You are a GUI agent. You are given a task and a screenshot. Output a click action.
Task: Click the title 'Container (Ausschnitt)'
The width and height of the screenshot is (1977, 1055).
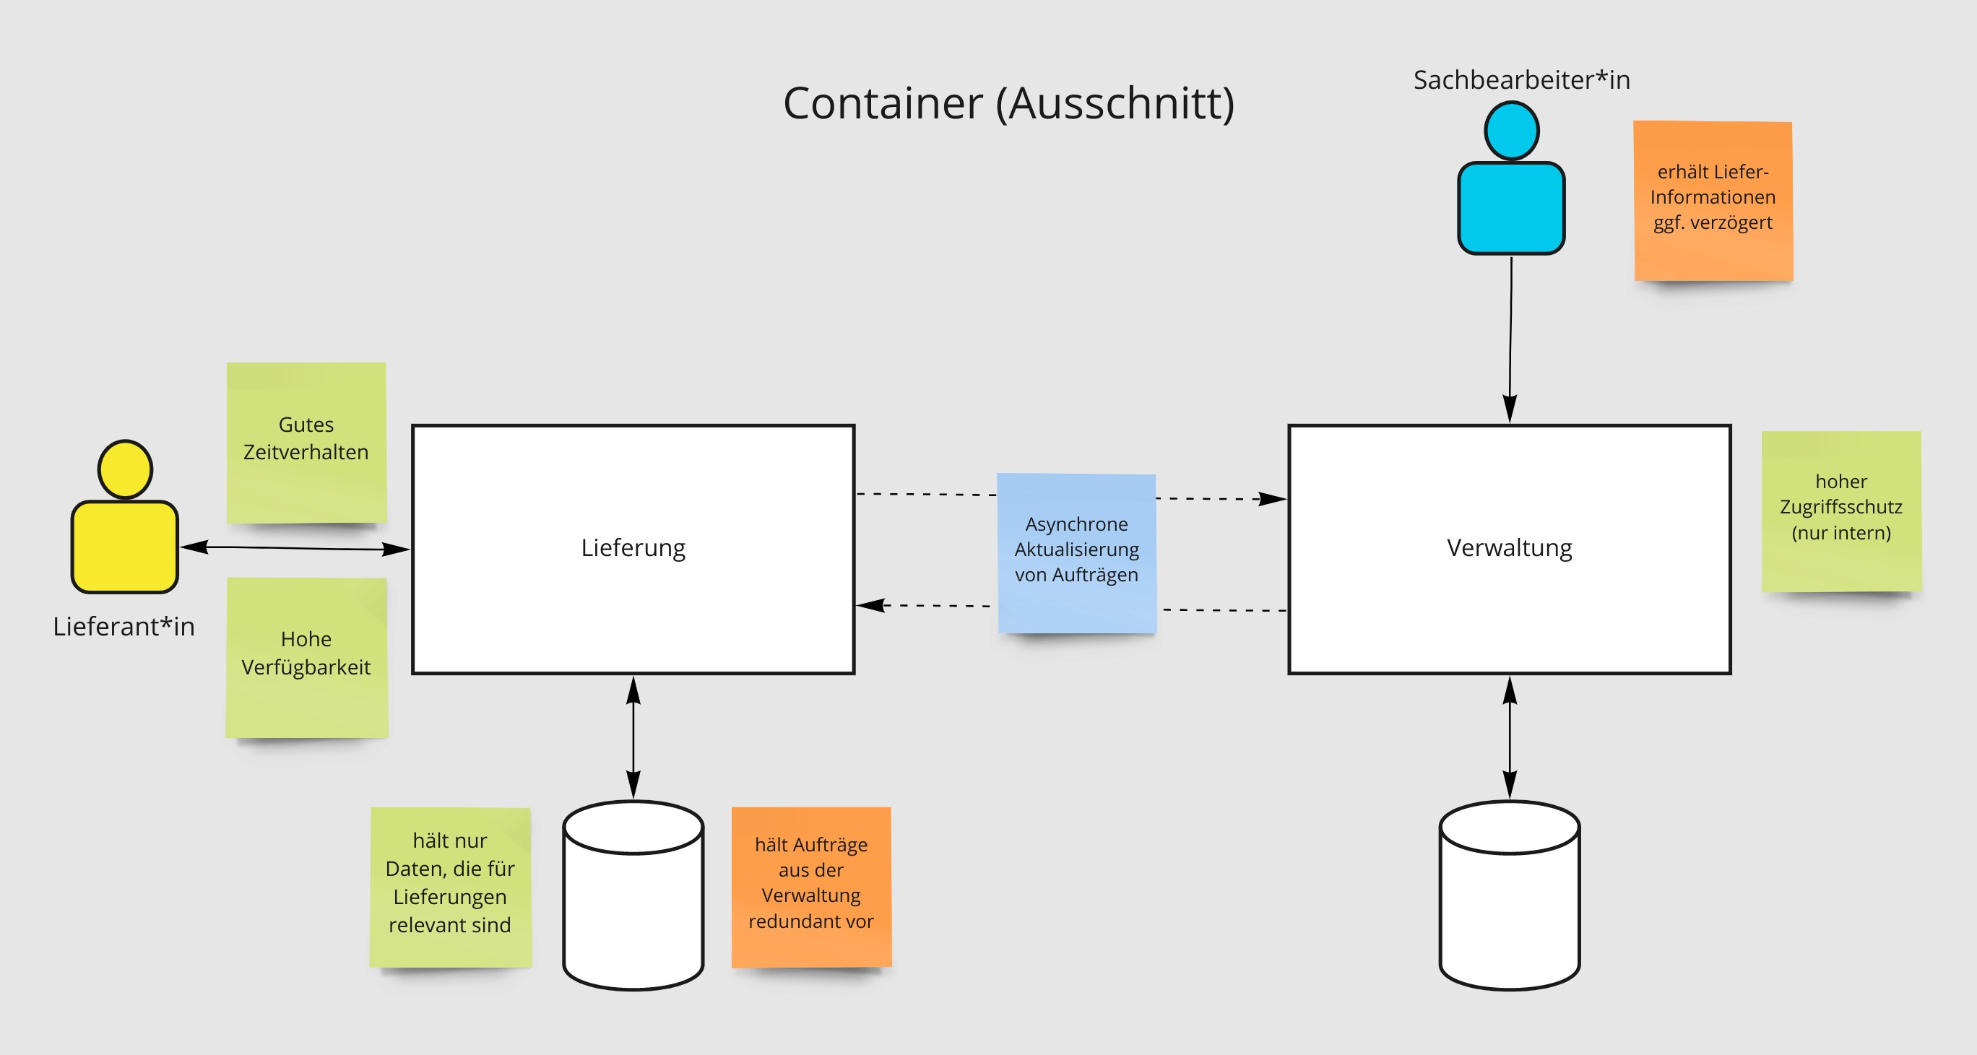(1008, 103)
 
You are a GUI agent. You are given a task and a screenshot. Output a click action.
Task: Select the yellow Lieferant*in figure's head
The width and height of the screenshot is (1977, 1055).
(125, 469)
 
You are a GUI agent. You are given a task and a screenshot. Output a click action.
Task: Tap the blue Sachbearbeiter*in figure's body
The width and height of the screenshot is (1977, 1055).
(1510, 207)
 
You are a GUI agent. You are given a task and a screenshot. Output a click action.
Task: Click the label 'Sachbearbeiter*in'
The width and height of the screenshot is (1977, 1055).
(1521, 80)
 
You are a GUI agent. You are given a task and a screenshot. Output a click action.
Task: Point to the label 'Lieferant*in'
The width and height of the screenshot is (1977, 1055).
(124, 626)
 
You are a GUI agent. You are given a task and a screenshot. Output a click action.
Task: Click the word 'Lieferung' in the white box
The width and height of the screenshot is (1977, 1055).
(633, 548)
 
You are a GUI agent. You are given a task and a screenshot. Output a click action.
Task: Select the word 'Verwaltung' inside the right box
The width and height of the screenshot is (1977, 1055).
(1509, 548)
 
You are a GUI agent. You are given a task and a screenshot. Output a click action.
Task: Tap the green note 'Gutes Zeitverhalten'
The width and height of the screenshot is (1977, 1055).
(306, 442)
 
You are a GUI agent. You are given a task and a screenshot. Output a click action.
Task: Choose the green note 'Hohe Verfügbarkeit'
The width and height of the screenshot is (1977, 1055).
(306, 657)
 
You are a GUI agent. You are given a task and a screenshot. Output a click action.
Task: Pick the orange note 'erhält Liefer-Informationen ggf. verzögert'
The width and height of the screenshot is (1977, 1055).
(1713, 200)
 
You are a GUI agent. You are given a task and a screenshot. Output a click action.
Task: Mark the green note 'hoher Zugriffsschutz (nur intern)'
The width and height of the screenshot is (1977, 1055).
(1840, 511)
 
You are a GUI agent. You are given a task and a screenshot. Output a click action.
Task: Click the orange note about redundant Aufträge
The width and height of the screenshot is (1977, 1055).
(811, 885)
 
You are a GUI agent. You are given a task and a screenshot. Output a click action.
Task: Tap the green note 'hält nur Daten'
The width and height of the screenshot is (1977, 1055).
(450, 886)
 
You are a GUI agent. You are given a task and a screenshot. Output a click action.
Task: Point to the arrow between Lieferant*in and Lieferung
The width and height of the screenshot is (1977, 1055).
(295, 548)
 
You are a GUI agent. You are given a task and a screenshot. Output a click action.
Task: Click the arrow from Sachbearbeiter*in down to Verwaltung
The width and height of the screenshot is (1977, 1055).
(1510, 338)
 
